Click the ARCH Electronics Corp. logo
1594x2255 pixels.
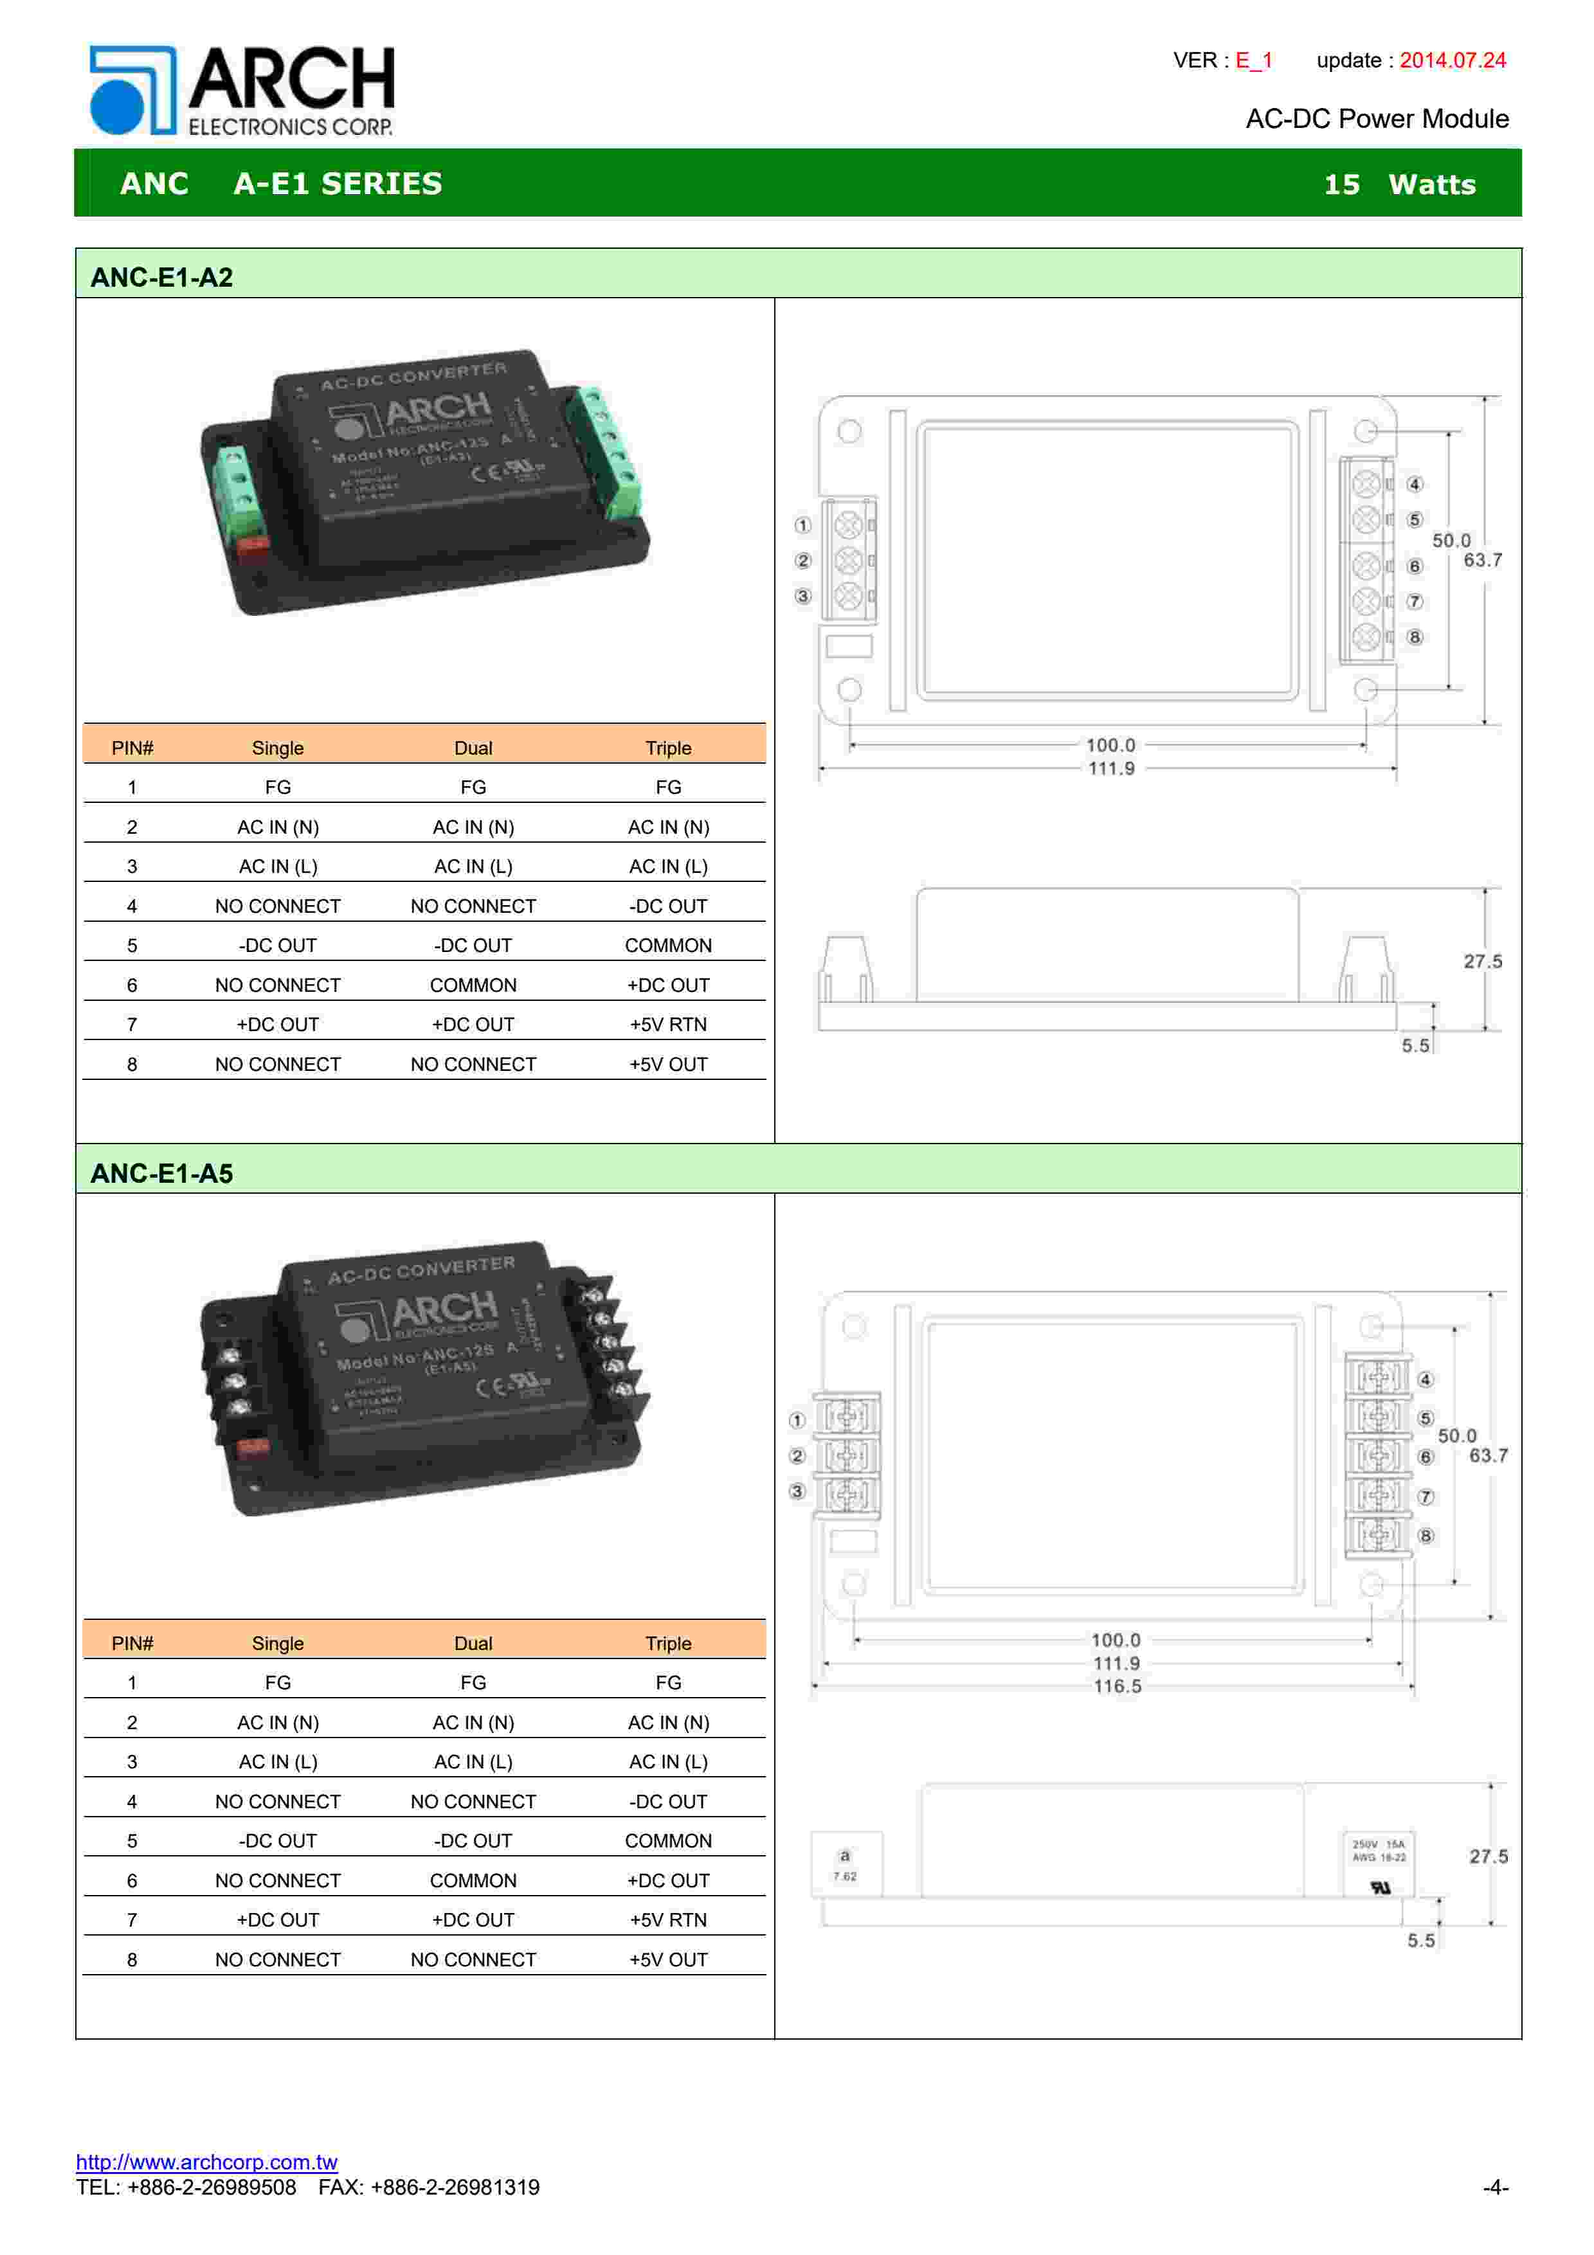242,91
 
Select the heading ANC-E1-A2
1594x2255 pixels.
162,278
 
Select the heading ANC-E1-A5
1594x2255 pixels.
162,1174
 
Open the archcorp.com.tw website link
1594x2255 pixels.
206,2162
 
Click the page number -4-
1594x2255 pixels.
1495,2188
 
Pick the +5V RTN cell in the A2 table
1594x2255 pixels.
668,1025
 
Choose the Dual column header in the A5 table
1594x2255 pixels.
473,1643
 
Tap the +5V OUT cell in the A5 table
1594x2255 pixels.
668,1959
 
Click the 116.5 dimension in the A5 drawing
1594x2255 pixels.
1117,1686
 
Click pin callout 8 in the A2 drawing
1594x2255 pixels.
1414,638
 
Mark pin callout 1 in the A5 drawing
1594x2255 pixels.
797,1420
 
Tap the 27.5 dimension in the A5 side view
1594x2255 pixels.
1488,1856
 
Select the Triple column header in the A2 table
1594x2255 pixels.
668,748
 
